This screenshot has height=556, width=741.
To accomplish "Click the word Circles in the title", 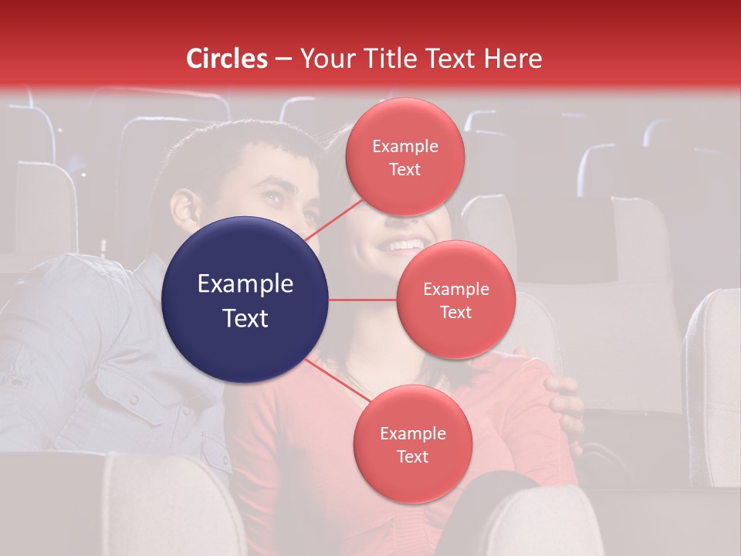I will [226, 59].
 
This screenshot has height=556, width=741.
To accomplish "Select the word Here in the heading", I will [513, 59].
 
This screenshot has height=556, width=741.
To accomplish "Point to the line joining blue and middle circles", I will [363, 300].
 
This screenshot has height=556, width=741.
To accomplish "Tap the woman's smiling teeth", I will [404, 246].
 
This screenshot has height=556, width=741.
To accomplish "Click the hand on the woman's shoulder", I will [562, 394].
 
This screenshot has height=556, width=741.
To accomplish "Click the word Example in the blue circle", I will [245, 284].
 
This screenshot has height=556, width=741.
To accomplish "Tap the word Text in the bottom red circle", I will [412, 456].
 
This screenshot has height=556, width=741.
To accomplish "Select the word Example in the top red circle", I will [404, 146].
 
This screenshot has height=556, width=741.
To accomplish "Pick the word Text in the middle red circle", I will [455, 312].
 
